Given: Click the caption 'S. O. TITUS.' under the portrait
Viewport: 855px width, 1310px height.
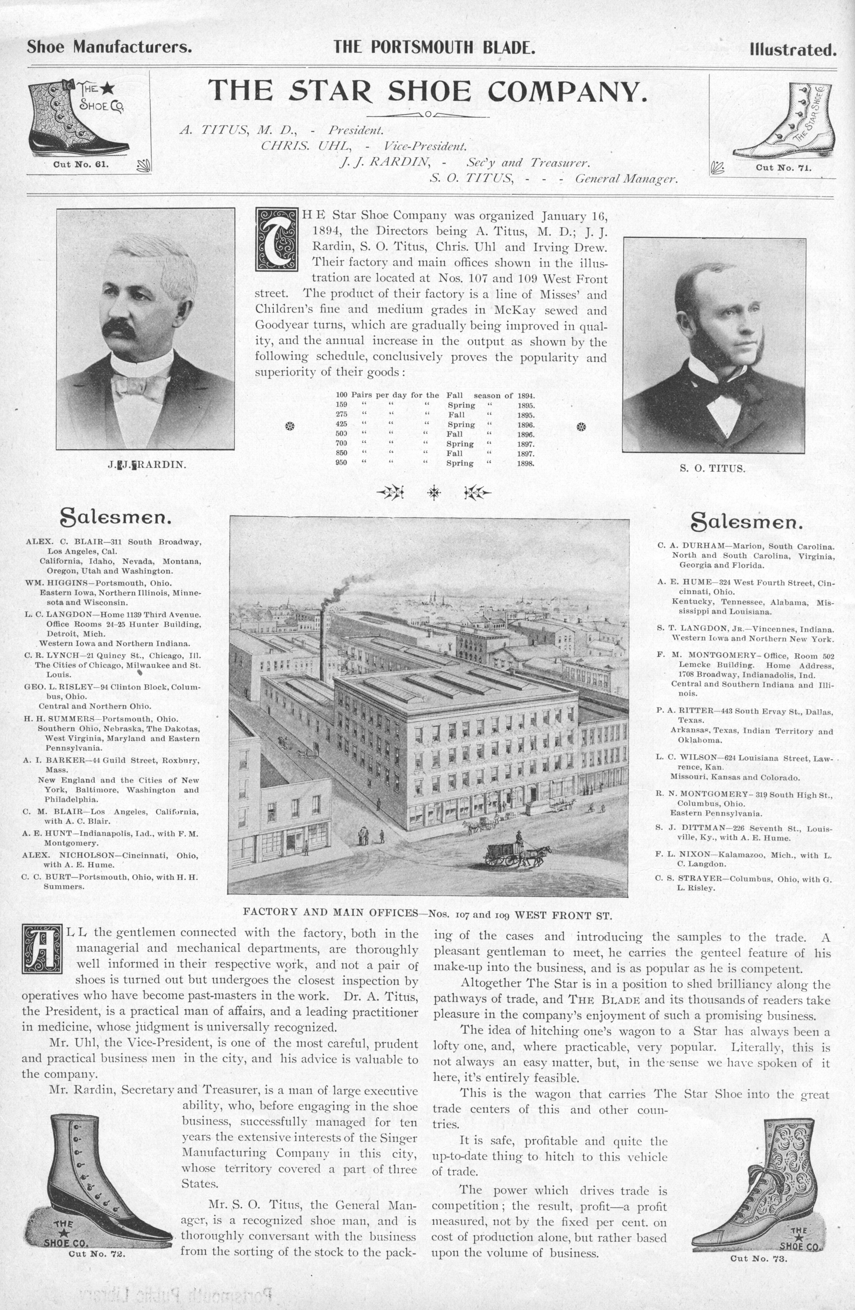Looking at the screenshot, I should (714, 469).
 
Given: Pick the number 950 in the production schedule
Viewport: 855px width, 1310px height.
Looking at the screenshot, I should (341, 463).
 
